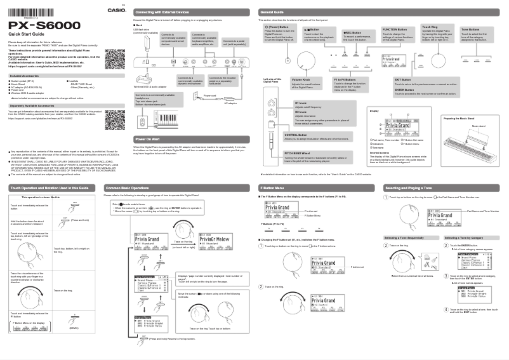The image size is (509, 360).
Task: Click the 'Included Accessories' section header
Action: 28,76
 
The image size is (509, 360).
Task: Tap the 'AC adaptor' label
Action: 232,103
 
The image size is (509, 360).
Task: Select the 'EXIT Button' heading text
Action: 403,79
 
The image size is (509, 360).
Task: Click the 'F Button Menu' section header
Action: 275,189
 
